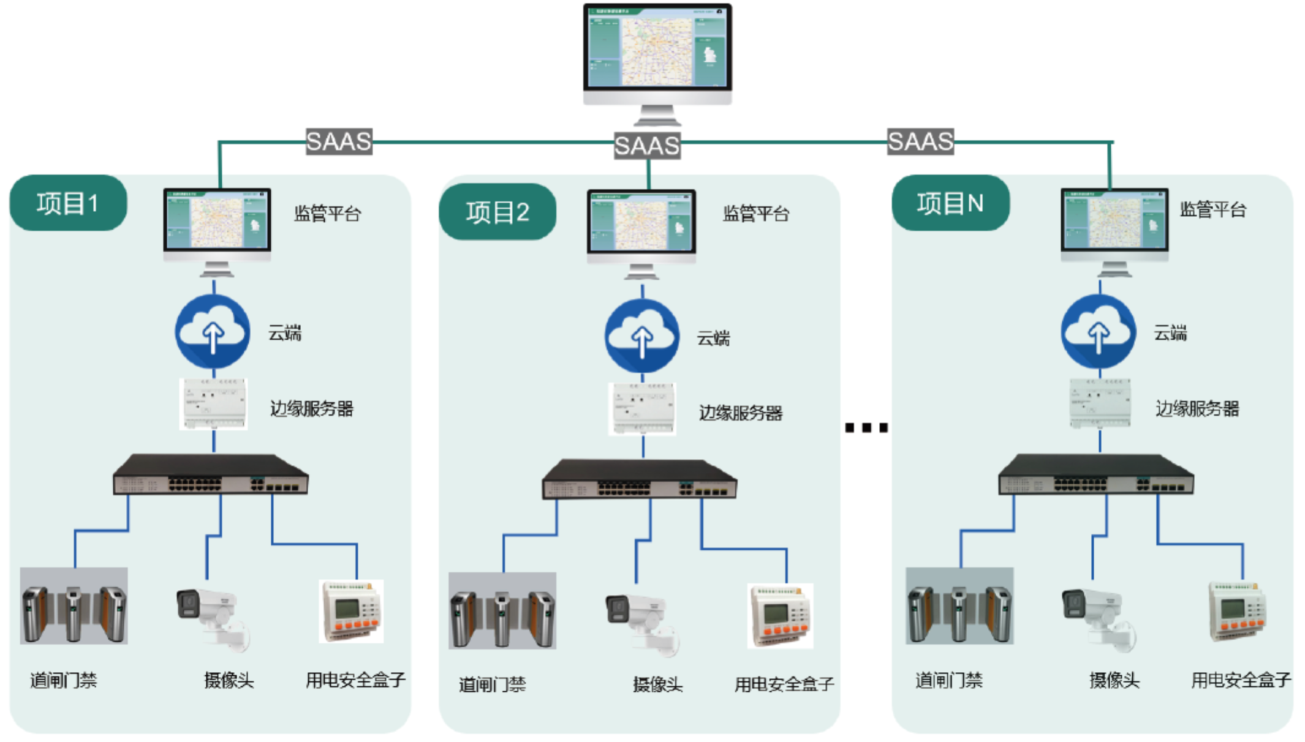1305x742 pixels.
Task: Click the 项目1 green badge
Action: pyautogui.click(x=68, y=203)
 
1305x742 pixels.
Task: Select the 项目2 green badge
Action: pyautogui.click(x=497, y=212)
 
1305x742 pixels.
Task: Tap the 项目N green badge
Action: pyautogui.click(x=950, y=203)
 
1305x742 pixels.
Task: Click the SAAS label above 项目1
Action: pyautogui.click(x=339, y=141)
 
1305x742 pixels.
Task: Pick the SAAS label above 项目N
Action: pyautogui.click(x=920, y=141)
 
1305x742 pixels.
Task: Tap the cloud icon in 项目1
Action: pyautogui.click(x=213, y=332)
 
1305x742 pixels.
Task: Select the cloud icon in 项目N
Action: pyautogui.click(x=1098, y=332)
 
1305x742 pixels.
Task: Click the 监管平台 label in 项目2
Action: pyautogui.click(x=756, y=214)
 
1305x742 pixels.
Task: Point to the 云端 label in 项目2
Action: pyautogui.click(x=713, y=338)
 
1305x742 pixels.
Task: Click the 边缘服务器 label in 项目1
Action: pyautogui.click(x=312, y=408)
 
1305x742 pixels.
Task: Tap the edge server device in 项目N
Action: pyautogui.click(x=1100, y=403)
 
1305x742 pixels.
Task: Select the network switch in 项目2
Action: pyautogui.click(x=640, y=479)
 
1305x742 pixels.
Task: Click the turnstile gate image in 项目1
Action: pyautogui.click(x=74, y=605)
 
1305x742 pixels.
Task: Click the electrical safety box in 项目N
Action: pyautogui.click(x=1236, y=612)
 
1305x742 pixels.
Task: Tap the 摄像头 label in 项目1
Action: pyautogui.click(x=229, y=680)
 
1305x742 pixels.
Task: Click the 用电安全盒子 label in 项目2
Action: pyautogui.click(x=784, y=684)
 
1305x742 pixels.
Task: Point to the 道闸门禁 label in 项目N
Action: pyautogui.click(x=948, y=680)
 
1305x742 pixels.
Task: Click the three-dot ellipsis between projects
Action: pyautogui.click(x=866, y=427)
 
